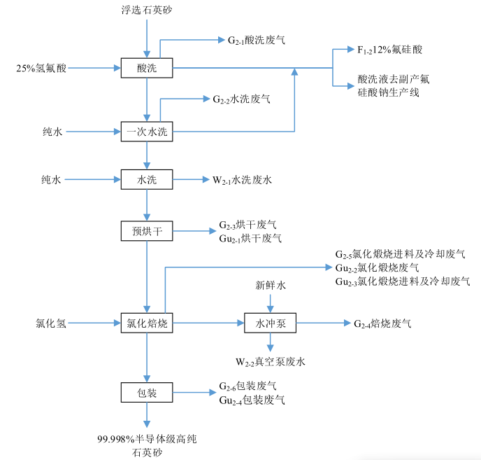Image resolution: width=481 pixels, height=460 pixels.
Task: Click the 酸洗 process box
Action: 147,68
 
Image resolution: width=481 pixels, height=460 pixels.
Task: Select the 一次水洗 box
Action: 147,131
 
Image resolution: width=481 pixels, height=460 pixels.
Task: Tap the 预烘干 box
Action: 147,230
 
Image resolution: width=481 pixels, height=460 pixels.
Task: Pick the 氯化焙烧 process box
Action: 147,323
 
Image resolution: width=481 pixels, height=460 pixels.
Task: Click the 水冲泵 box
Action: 271,323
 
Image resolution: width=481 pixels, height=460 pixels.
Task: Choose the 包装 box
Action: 147,393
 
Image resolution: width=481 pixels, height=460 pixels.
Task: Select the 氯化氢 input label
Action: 51,323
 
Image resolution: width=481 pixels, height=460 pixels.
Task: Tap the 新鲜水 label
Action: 271,285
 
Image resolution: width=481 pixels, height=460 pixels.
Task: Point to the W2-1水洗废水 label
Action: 243,180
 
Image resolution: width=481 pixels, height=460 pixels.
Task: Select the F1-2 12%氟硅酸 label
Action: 389,50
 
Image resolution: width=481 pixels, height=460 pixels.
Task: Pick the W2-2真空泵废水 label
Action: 270,361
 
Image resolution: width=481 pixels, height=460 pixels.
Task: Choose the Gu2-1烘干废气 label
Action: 250,238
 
